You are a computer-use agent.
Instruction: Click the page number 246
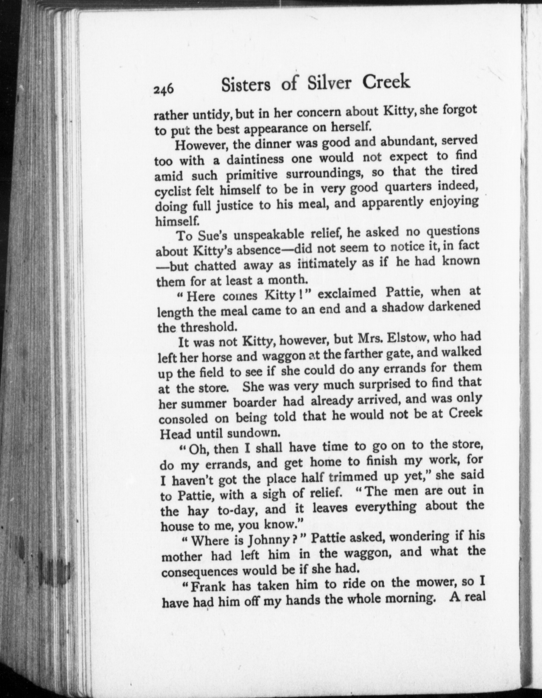coord(164,90)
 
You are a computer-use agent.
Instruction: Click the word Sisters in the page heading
coord(246,85)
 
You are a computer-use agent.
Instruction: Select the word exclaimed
coord(347,293)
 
